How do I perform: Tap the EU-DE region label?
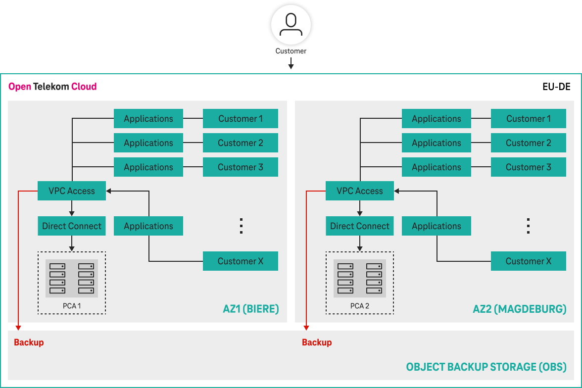(x=556, y=87)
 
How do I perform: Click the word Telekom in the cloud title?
(x=51, y=87)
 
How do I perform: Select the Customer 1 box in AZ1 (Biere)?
(x=241, y=119)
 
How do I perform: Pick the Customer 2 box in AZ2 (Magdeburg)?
(x=528, y=143)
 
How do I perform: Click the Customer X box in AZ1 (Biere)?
(x=241, y=261)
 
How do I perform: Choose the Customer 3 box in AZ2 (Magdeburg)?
(x=528, y=167)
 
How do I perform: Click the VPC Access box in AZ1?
(x=72, y=191)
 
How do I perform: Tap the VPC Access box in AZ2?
(x=360, y=191)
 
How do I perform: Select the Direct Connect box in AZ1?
(x=72, y=226)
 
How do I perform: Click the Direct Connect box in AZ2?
(x=360, y=226)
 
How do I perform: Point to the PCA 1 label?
(x=72, y=306)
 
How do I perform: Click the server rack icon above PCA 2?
(x=360, y=278)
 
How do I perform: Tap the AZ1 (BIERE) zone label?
(x=251, y=309)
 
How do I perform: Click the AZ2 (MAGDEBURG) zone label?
(x=520, y=309)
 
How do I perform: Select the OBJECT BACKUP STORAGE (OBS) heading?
(x=486, y=367)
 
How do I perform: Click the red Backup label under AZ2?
(x=317, y=342)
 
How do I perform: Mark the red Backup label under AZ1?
(x=29, y=342)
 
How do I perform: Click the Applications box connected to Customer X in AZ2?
(x=436, y=226)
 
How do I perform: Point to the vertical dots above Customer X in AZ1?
(x=241, y=226)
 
